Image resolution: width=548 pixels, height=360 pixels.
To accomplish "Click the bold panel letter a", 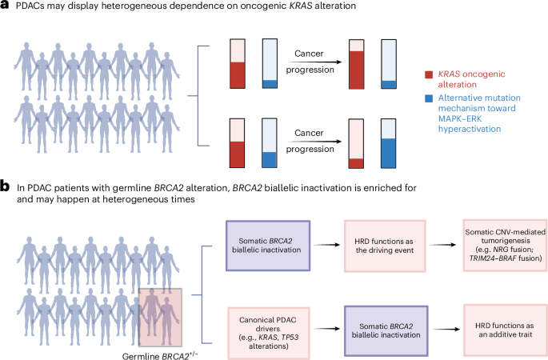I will pyautogui.click(x=6, y=6).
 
